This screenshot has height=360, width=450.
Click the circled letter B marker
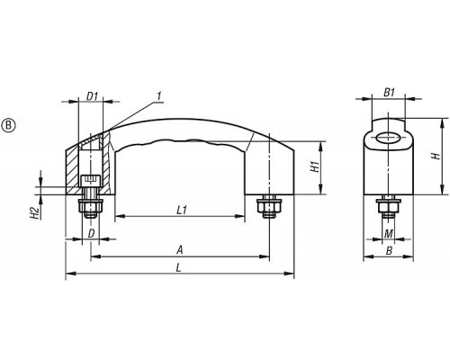click(8, 125)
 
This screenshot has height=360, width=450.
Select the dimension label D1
click(92, 96)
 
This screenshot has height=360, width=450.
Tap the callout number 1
click(159, 96)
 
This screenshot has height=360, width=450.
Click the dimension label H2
click(35, 212)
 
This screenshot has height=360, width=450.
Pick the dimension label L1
click(182, 210)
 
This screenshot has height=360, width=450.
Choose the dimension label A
click(180, 250)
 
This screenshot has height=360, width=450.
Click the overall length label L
click(179, 267)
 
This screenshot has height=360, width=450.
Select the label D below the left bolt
click(91, 233)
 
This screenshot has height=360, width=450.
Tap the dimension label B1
click(389, 93)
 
